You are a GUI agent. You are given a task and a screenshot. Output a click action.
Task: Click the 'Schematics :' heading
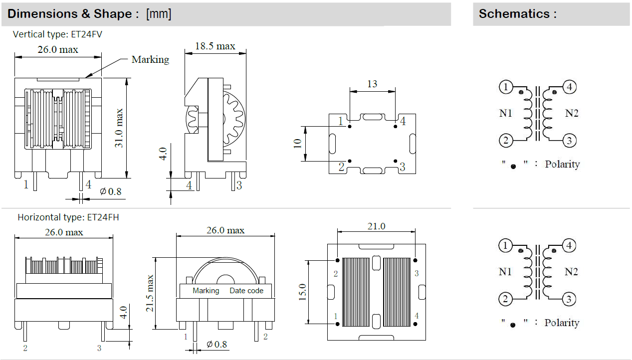pyautogui.click(x=517, y=13)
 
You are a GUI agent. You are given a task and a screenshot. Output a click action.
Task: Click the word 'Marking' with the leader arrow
pyautogui.click(x=150, y=59)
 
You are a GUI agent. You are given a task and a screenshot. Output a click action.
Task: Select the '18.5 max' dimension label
pyautogui.click(x=215, y=46)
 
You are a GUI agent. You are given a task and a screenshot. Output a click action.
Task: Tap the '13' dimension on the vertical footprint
pyautogui.click(x=372, y=84)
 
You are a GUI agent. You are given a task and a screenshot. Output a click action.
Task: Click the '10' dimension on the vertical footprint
pyautogui.click(x=298, y=144)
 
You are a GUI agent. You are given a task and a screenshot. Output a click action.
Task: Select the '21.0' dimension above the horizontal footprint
pyautogui.click(x=376, y=226)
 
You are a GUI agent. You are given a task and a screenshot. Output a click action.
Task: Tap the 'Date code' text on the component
pyautogui.click(x=246, y=291)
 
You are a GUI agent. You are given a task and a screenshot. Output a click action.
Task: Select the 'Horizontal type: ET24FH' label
pyautogui.click(x=68, y=217)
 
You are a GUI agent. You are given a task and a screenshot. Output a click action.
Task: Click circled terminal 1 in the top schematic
pyautogui.click(x=505, y=87)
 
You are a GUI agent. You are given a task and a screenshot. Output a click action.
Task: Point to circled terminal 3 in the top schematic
pyautogui.click(x=570, y=141)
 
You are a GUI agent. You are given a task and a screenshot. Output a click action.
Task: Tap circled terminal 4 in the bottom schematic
pyautogui.click(x=570, y=245)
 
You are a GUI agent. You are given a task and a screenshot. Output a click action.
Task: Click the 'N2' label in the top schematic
pyautogui.click(x=572, y=113)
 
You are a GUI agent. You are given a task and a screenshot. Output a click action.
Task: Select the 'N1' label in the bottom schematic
pyautogui.click(x=506, y=272)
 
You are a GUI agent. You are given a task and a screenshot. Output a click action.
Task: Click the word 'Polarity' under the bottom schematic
pyautogui.click(x=562, y=323)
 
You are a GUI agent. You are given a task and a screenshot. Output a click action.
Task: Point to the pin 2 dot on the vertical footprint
pyautogui.click(x=350, y=161)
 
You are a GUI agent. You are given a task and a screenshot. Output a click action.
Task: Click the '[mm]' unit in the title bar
pyautogui.click(x=159, y=13)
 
